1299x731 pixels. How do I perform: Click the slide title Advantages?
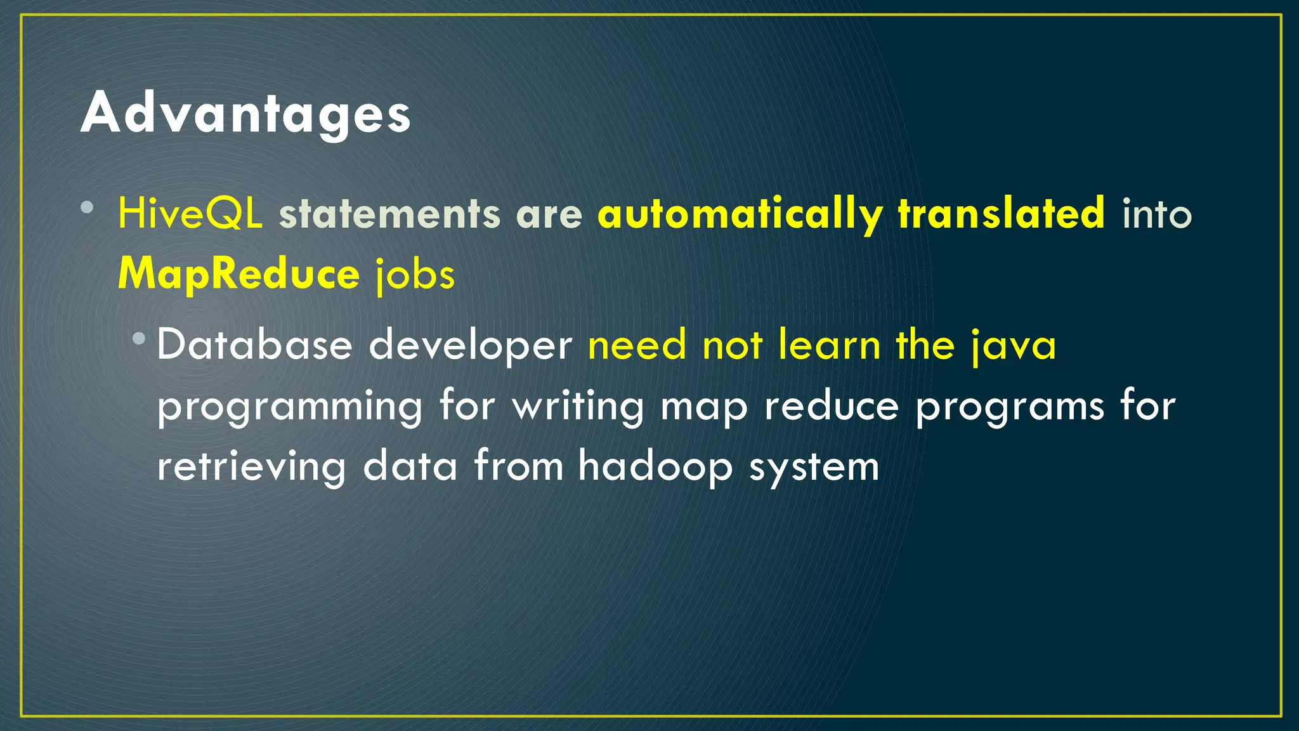[x=245, y=114]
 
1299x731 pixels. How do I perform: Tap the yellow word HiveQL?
[x=190, y=214]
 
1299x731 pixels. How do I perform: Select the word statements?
[x=389, y=214]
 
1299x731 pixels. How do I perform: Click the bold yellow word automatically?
[x=740, y=214]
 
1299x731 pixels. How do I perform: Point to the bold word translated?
[x=1002, y=214]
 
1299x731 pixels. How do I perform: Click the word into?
[x=1157, y=214]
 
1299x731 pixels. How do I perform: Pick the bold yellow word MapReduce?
[x=238, y=274]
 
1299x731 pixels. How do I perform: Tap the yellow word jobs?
[x=415, y=275]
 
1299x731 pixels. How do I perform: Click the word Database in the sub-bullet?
[x=254, y=346]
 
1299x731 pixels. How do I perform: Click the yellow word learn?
[x=829, y=346]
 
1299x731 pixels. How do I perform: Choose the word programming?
[x=289, y=407]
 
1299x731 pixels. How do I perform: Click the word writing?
[x=578, y=407]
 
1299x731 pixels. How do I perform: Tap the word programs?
[x=1010, y=407]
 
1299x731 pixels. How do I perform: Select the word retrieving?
[x=251, y=467]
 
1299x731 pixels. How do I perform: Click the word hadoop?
[x=655, y=467]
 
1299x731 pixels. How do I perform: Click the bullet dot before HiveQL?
[x=88, y=207]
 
